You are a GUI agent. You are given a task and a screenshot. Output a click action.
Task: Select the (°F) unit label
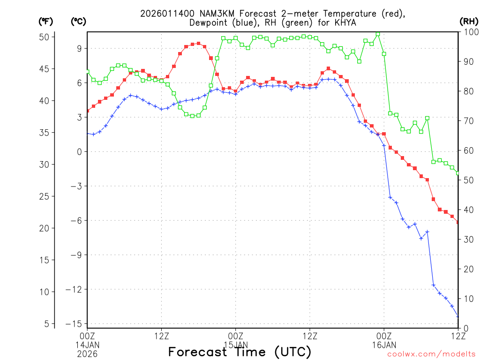45,22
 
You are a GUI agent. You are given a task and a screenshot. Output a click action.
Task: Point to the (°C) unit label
78,22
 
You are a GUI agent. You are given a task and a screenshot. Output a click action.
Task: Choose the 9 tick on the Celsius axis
79,48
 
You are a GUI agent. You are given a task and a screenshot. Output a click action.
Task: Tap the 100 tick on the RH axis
469,31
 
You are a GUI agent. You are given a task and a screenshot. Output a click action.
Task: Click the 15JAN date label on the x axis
235,345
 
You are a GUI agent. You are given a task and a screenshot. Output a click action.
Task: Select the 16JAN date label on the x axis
384,345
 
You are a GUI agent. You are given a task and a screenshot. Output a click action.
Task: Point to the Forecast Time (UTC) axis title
240,352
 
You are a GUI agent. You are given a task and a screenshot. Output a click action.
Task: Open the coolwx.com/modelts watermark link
431,354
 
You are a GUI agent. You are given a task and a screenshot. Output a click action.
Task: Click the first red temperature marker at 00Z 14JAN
88,111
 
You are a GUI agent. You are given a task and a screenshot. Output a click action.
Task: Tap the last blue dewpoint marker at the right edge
458,317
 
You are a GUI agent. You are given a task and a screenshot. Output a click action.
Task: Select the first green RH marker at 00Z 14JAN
88,72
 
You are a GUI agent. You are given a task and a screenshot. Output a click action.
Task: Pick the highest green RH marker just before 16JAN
378,34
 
